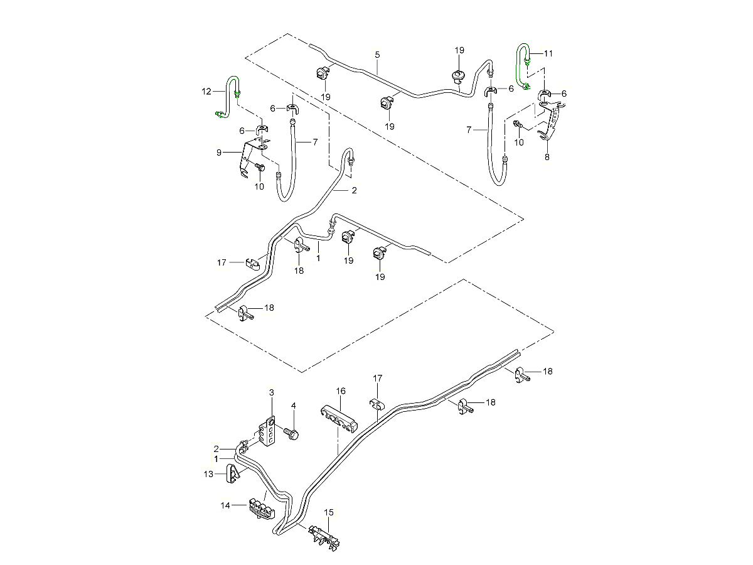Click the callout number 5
point(377,55)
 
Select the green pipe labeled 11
point(520,63)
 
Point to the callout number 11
point(549,53)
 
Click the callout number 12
point(206,92)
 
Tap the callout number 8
point(547,158)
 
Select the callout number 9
point(219,152)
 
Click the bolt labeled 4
point(292,433)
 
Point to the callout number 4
point(293,406)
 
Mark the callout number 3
point(272,392)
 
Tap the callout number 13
point(209,475)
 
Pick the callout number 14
point(225,505)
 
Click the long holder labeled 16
point(339,417)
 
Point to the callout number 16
point(341,391)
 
